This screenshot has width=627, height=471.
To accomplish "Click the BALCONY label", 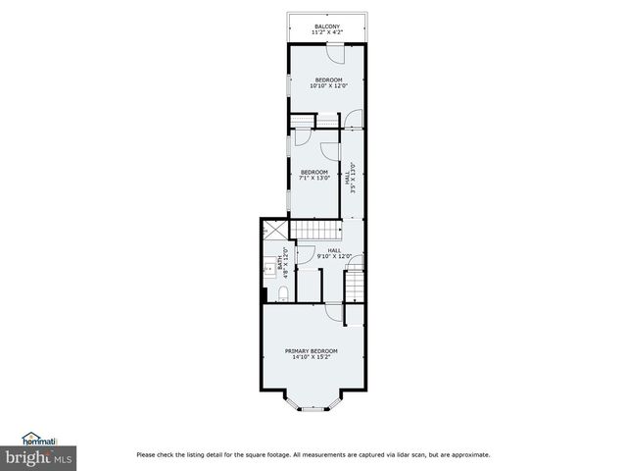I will click(x=327, y=26).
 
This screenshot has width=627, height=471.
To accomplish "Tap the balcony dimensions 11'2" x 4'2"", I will click(x=327, y=32).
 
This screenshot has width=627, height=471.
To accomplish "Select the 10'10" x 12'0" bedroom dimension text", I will click(x=327, y=85).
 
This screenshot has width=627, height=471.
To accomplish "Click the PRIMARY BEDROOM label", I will click(x=311, y=351).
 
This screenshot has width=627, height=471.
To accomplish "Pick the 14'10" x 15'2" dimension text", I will click(x=311, y=357).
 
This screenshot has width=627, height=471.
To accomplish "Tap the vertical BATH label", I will click(x=281, y=262).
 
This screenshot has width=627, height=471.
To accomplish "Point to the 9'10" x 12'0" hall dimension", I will click(x=334, y=256).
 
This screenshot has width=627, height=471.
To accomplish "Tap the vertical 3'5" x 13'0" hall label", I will click(x=350, y=178).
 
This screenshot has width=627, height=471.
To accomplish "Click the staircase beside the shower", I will click(x=317, y=231).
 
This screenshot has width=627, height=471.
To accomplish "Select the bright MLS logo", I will click(x=38, y=457).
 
